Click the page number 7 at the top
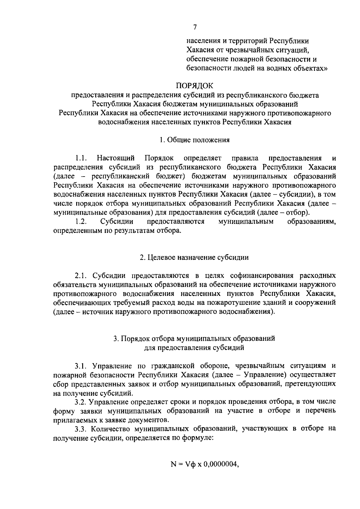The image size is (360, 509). [x=195, y=27]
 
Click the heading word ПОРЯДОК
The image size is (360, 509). [x=195, y=86]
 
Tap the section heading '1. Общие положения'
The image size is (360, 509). [x=195, y=140]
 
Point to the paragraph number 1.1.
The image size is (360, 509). [x=81, y=158]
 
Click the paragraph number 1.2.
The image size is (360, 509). [x=81, y=222]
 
